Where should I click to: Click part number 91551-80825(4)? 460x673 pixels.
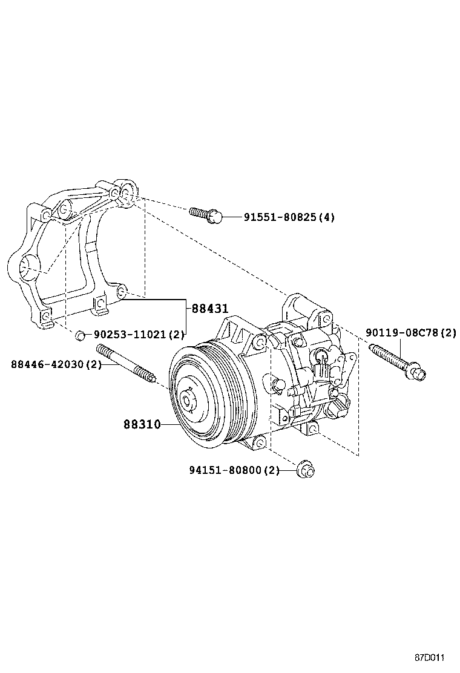[289, 217]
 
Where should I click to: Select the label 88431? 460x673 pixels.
[210, 308]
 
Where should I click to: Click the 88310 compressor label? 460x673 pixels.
[142, 425]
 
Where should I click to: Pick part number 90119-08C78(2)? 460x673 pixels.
[410, 332]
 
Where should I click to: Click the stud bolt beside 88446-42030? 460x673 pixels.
[125, 363]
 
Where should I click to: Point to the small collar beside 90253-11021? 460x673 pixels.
[79, 334]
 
